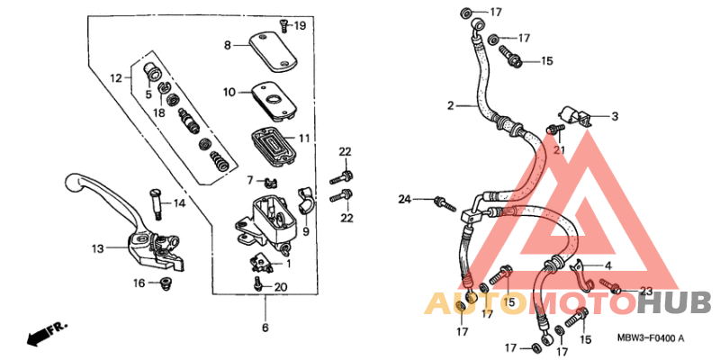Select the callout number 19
click(300, 25)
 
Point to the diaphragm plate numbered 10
click(272, 98)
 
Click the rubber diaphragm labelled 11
click(272, 140)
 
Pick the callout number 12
click(115, 78)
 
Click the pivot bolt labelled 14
click(157, 203)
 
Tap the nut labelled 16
click(164, 284)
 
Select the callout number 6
click(265, 326)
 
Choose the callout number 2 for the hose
click(450, 106)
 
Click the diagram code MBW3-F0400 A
click(651, 338)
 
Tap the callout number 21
click(559, 150)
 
